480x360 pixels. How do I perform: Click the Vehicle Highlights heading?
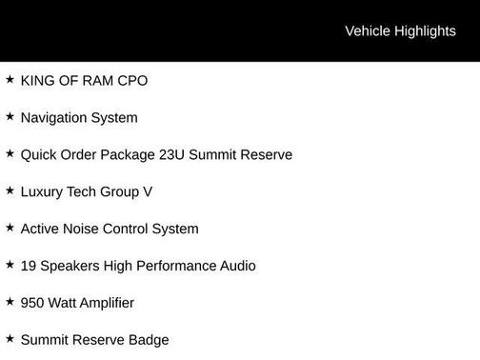400,31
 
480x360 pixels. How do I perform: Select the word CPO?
132,81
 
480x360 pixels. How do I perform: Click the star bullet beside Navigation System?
10,117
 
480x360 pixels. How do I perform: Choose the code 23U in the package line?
172,155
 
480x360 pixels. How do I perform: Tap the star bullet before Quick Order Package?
10,154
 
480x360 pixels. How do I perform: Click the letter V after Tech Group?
148,192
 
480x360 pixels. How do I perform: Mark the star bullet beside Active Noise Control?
10,229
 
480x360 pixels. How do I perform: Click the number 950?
33,304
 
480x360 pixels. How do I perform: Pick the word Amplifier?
102,304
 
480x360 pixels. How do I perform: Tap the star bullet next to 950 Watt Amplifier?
10,303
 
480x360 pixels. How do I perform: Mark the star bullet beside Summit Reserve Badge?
10,340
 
